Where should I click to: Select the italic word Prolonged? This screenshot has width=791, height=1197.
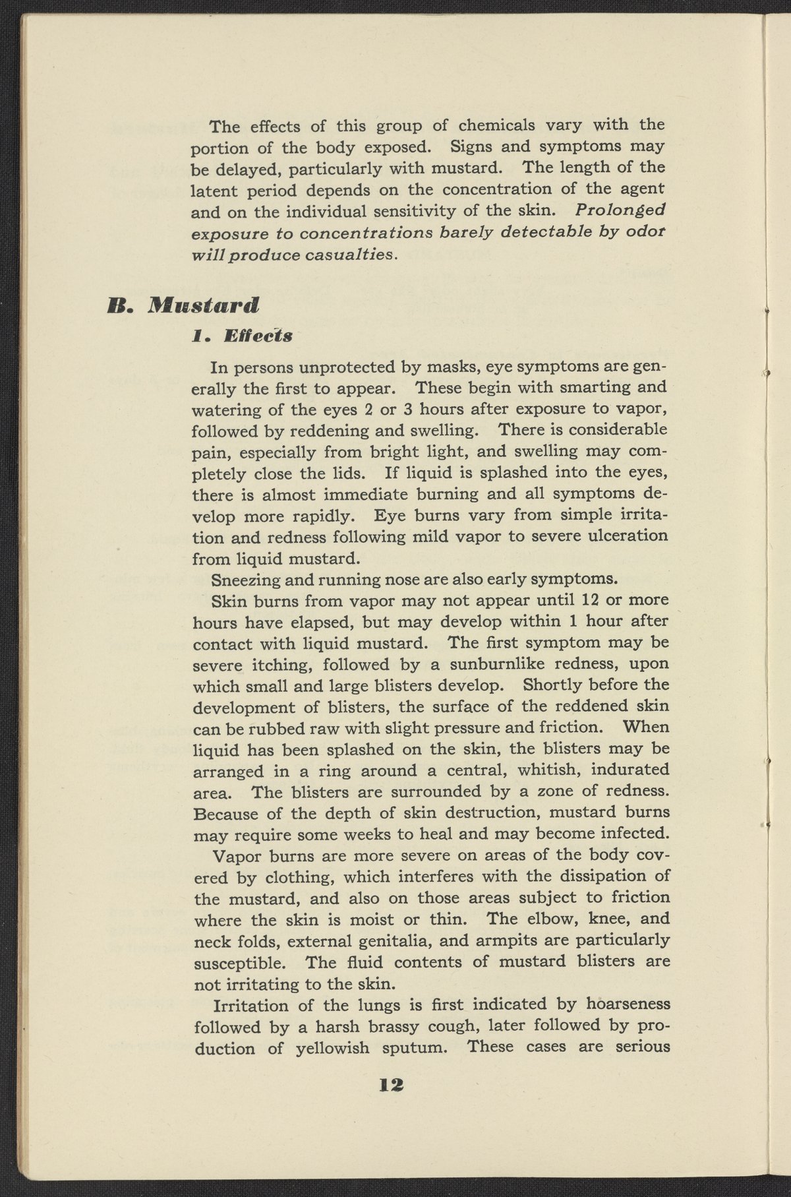(620, 210)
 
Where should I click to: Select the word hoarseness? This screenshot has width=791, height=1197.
(627, 1004)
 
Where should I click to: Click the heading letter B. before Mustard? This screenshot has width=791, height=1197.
(121, 305)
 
